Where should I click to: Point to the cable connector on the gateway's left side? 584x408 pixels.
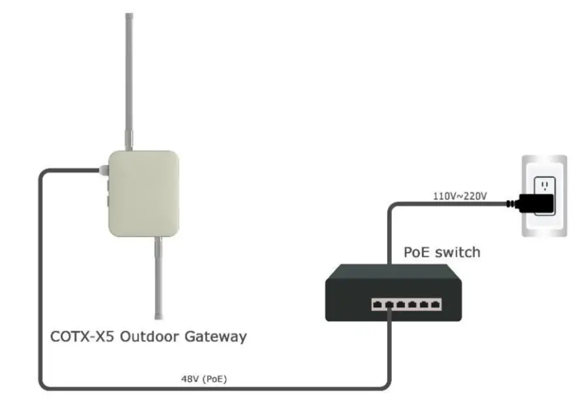[x=103, y=171]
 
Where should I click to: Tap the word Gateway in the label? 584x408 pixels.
[x=217, y=337]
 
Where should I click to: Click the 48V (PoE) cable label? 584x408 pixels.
[x=204, y=379]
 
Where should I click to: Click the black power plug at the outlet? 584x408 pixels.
[x=537, y=205]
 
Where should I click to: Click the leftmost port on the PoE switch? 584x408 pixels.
[x=378, y=304]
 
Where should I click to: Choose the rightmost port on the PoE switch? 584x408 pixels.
[x=435, y=304]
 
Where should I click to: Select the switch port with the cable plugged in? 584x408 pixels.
[x=389, y=305]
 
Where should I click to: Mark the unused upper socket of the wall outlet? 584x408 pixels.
[x=543, y=186]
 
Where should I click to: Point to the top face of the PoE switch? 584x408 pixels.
[x=393, y=278]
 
